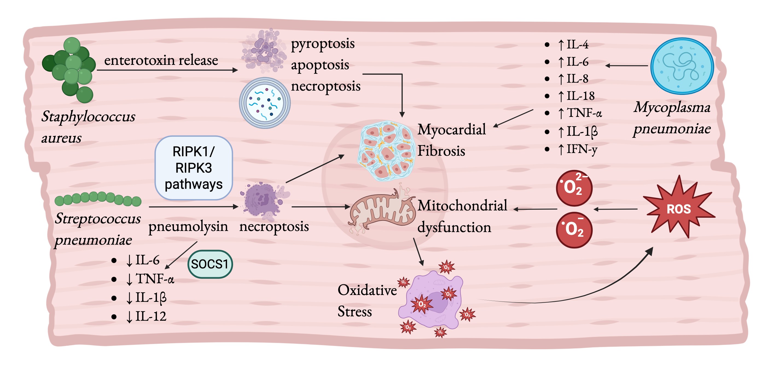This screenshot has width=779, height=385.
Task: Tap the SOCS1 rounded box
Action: pyautogui.click(x=210, y=264)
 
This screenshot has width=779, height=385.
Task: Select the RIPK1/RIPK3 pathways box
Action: pyautogui.click(x=194, y=168)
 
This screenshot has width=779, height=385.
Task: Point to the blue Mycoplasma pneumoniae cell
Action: pyautogui.click(x=682, y=66)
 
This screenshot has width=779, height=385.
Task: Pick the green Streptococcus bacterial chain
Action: pyautogui.click(x=98, y=199)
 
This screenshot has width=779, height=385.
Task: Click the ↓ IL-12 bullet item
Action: pyautogui.click(x=139, y=316)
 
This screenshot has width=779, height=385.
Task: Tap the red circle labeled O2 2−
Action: pyautogui.click(x=574, y=188)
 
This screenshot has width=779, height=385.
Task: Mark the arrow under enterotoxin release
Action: pyautogui.click(x=167, y=70)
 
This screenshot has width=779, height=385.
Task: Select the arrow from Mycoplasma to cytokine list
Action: pyautogui.click(x=626, y=65)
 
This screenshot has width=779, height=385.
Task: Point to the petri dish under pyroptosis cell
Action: pyautogui.click(x=264, y=103)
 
